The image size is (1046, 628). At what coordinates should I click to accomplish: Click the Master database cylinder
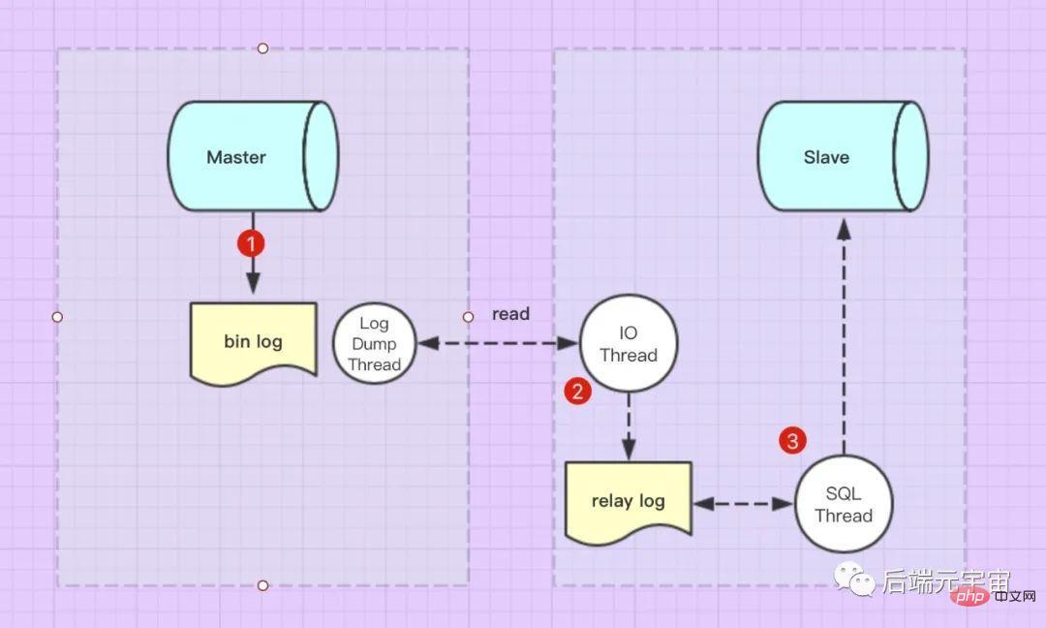252,156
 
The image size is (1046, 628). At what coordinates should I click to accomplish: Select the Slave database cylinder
841,156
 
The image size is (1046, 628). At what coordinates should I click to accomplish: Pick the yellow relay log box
629,500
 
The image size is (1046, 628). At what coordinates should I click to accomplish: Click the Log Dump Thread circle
374,344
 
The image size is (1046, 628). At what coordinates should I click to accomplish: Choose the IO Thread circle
629,344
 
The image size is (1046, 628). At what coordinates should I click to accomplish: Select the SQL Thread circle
844,505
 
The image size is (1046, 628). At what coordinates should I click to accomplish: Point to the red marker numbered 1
251,243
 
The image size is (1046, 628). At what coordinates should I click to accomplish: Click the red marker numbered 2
578,392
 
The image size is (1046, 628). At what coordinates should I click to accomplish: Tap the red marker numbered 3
793,442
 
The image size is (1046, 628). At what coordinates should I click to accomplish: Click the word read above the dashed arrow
510,314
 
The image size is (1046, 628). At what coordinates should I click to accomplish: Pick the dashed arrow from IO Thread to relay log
629,426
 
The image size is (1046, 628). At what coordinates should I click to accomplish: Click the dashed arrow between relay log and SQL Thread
743,504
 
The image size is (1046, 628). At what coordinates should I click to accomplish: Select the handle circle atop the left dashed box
262,47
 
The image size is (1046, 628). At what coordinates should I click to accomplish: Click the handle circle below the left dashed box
262,585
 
